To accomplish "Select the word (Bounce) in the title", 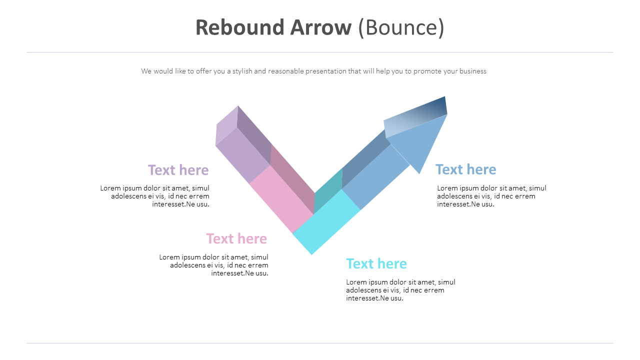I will [x=401, y=28].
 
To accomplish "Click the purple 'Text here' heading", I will [x=178, y=170].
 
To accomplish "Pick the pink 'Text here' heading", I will [x=236, y=238].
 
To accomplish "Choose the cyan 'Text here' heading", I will [x=376, y=263].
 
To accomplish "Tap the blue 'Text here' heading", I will [x=465, y=169].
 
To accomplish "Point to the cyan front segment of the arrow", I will [x=326, y=222].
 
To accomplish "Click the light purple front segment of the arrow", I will [x=243, y=155].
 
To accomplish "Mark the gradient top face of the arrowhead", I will [x=415, y=116].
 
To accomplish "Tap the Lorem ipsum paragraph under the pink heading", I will [x=214, y=265].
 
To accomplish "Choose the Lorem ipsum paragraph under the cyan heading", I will [x=400, y=290].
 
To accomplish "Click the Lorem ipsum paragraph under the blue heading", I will [x=491, y=196].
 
